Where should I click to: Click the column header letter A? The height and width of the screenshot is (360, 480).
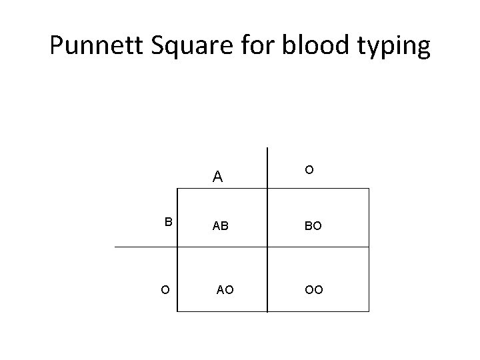click(x=217, y=177)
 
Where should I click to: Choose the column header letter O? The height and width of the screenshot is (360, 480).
click(x=309, y=171)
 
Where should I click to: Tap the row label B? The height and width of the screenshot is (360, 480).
click(x=169, y=221)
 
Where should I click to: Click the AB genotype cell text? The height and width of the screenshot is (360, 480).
click(x=220, y=226)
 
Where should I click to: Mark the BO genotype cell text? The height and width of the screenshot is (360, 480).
click(x=313, y=226)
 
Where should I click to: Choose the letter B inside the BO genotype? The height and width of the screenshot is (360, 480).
click(x=309, y=226)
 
